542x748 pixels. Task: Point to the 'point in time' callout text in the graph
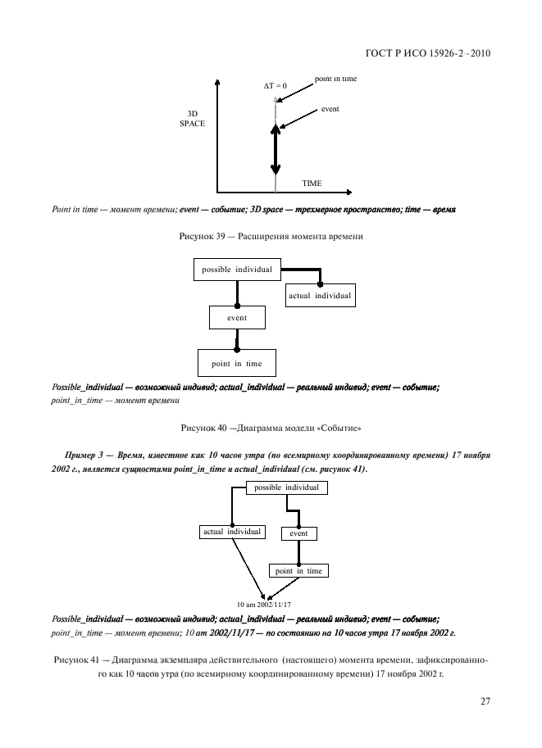(x=335, y=79)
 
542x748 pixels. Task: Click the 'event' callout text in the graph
(x=330, y=108)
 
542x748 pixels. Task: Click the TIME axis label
(x=312, y=183)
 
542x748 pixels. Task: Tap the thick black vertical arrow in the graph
(x=276, y=152)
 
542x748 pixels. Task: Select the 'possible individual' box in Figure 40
(x=236, y=270)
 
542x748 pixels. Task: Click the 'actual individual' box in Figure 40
(x=320, y=296)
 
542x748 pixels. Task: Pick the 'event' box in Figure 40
(x=236, y=317)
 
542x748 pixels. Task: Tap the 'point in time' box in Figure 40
(x=236, y=362)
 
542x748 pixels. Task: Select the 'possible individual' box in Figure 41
(x=286, y=487)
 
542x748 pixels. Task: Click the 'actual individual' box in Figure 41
(x=231, y=532)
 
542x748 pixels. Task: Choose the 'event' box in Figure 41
(x=298, y=533)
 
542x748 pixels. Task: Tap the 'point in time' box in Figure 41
(x=298, y=570)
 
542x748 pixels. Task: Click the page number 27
(x=485, y=700)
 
